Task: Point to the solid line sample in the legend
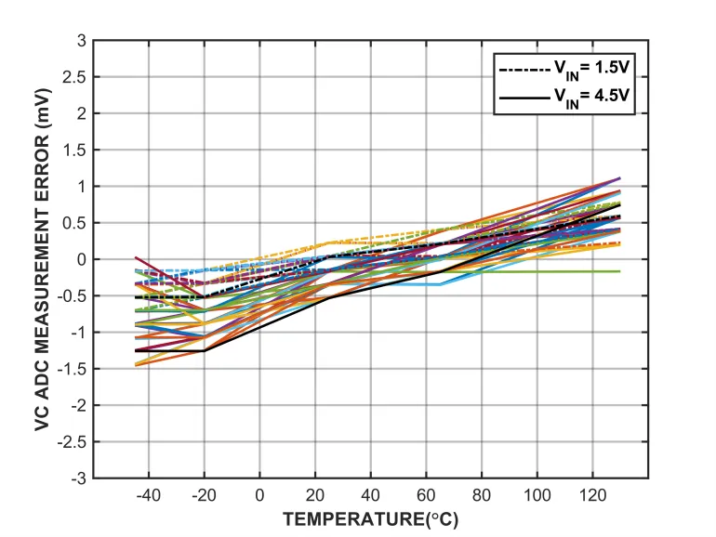(x=522, y=97)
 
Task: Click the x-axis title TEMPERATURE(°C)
(x=370, y=518)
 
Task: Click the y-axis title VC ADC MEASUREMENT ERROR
(x=43, y=259)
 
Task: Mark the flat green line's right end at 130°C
(x=620, y=271)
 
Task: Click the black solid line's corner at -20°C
(x=205, y=350)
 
